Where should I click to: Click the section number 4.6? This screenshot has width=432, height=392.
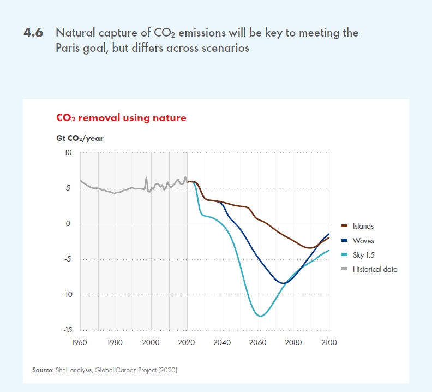(x=34, y=33)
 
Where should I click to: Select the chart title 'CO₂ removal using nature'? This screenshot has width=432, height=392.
(x=121, y=117)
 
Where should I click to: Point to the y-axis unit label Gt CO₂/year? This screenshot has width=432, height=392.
(x=80, y=138)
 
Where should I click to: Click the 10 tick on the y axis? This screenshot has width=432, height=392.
(x=68, y=153)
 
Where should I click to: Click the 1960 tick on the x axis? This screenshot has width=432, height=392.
(x=80, y=343)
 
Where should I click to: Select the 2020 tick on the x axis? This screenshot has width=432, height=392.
(x=187, y=343)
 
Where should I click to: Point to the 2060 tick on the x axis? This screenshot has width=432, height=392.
(x=258, y=343)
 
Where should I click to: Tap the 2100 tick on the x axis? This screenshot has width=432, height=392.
(x=329, y=343)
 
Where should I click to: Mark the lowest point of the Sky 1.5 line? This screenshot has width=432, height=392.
(x=261, y=316)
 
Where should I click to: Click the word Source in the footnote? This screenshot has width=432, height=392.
(x=43, y=370)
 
